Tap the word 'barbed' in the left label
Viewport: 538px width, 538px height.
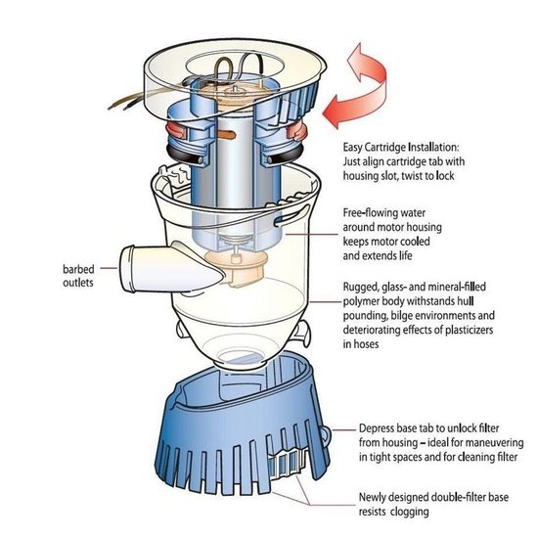78,269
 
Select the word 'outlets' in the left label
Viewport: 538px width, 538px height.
78,283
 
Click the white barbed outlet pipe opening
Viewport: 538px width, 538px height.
126,269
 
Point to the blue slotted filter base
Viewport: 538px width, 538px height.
242,428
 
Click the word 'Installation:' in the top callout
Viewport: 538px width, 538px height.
433,147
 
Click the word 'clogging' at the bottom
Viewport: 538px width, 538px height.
409,512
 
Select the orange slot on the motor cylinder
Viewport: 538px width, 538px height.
227,135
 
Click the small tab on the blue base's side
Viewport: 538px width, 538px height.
325,435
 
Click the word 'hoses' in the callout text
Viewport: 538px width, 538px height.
366,344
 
